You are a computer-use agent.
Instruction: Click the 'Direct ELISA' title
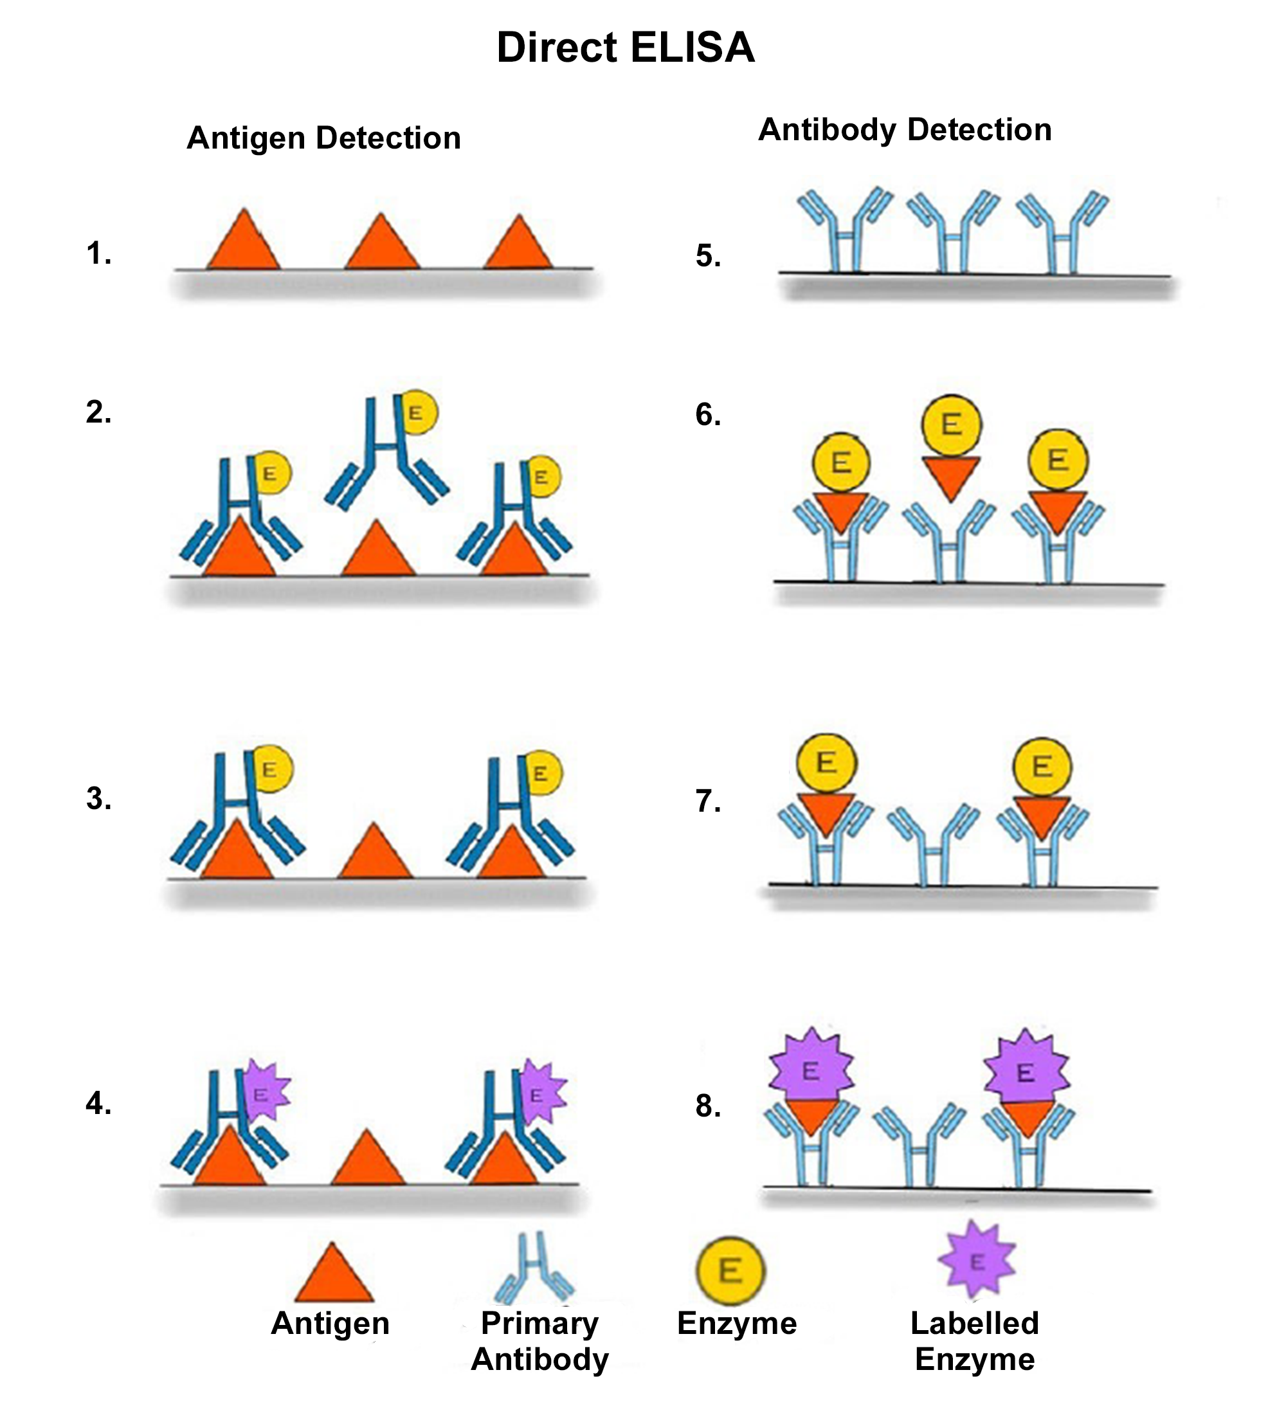pyautogui.click(x=625, y=48)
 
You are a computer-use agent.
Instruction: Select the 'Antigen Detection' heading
pyautogui.click(x=323, y=138)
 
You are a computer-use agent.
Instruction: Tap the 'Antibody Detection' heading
pyautogui.click(x=905, y=130)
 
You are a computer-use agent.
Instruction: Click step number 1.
pyautogui.click(x=98, y=253)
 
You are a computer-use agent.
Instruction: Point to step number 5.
pyautogui.click(x=708, y=256)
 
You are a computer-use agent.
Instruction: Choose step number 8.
pyautogui.click(x=708, y=1106)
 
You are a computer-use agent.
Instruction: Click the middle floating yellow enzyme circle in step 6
pyautogui.click(x=951, y=425)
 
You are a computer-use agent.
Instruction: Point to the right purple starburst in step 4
pyautogui.click(x=541, y=1093)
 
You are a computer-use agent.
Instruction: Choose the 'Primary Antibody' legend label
pyautogui.click(x=539, y=1341)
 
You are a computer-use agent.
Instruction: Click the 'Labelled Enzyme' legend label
pyautogui.click(x=975, y=1341)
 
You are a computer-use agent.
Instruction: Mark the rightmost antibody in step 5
pyautogui.click(x=1062, y=230)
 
